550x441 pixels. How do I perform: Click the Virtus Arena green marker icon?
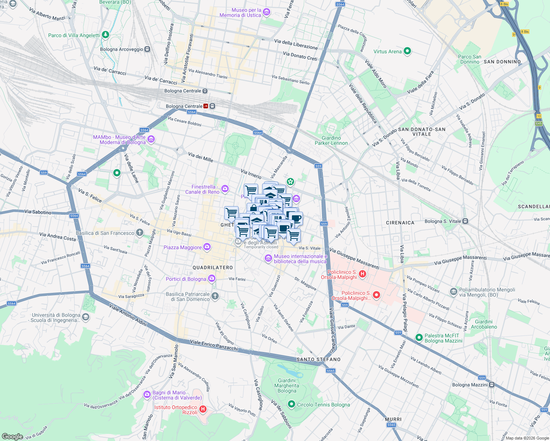[407, 51]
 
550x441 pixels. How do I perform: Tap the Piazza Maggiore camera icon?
[207, 247]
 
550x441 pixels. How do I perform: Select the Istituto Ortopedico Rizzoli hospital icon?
[203, 409]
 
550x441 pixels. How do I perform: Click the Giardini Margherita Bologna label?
[287, 386]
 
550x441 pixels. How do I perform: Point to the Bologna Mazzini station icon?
[492, 385]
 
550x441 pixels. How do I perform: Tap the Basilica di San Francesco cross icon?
[139, 232]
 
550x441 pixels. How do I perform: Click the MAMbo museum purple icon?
[151, 140]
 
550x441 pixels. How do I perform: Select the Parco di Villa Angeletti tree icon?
[106, 35]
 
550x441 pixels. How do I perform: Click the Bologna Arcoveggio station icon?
[147, 49]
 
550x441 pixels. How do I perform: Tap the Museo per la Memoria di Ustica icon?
[267, 12]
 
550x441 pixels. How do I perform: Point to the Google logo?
[12, 436]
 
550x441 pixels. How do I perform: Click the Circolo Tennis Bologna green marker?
[292, 405]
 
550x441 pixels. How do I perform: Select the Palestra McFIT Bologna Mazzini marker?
[418, 337]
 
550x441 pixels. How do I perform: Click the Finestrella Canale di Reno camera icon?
[225, 189]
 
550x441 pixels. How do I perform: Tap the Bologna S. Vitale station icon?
[465, 221]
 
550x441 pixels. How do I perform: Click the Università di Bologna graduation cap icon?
[85, 318]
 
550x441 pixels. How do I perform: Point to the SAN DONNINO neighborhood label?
[502, 62]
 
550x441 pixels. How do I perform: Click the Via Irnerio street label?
[251, 174]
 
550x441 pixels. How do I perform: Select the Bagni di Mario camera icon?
[147, 395]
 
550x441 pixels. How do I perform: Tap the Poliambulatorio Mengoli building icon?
[454, 292]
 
